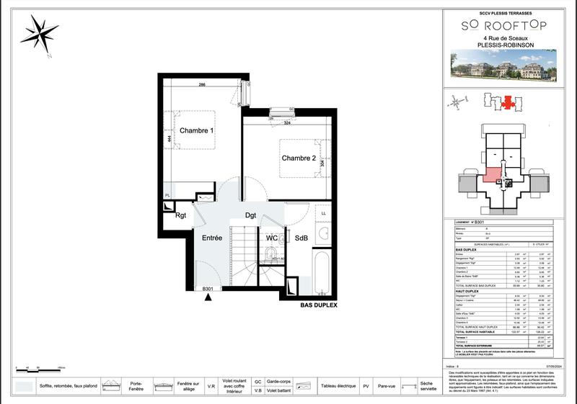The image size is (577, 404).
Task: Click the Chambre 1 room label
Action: point(197,131)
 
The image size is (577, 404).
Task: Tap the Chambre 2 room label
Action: point(299,158)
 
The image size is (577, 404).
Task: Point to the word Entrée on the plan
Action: point(212,238)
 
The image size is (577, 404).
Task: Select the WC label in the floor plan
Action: point(272,238)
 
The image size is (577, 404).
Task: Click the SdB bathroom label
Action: point(301,238)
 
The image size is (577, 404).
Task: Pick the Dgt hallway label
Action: point(251,215)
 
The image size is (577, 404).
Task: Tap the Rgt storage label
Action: point(181,214)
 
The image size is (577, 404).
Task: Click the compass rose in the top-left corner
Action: point(41,33)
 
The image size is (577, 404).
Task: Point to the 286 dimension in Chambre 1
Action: point(203,86)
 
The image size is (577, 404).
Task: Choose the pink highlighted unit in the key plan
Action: point(493,175)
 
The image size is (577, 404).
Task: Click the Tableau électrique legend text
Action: point(336,387)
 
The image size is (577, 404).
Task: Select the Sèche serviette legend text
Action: point(426,387)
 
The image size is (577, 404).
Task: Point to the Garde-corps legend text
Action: point(278,381)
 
